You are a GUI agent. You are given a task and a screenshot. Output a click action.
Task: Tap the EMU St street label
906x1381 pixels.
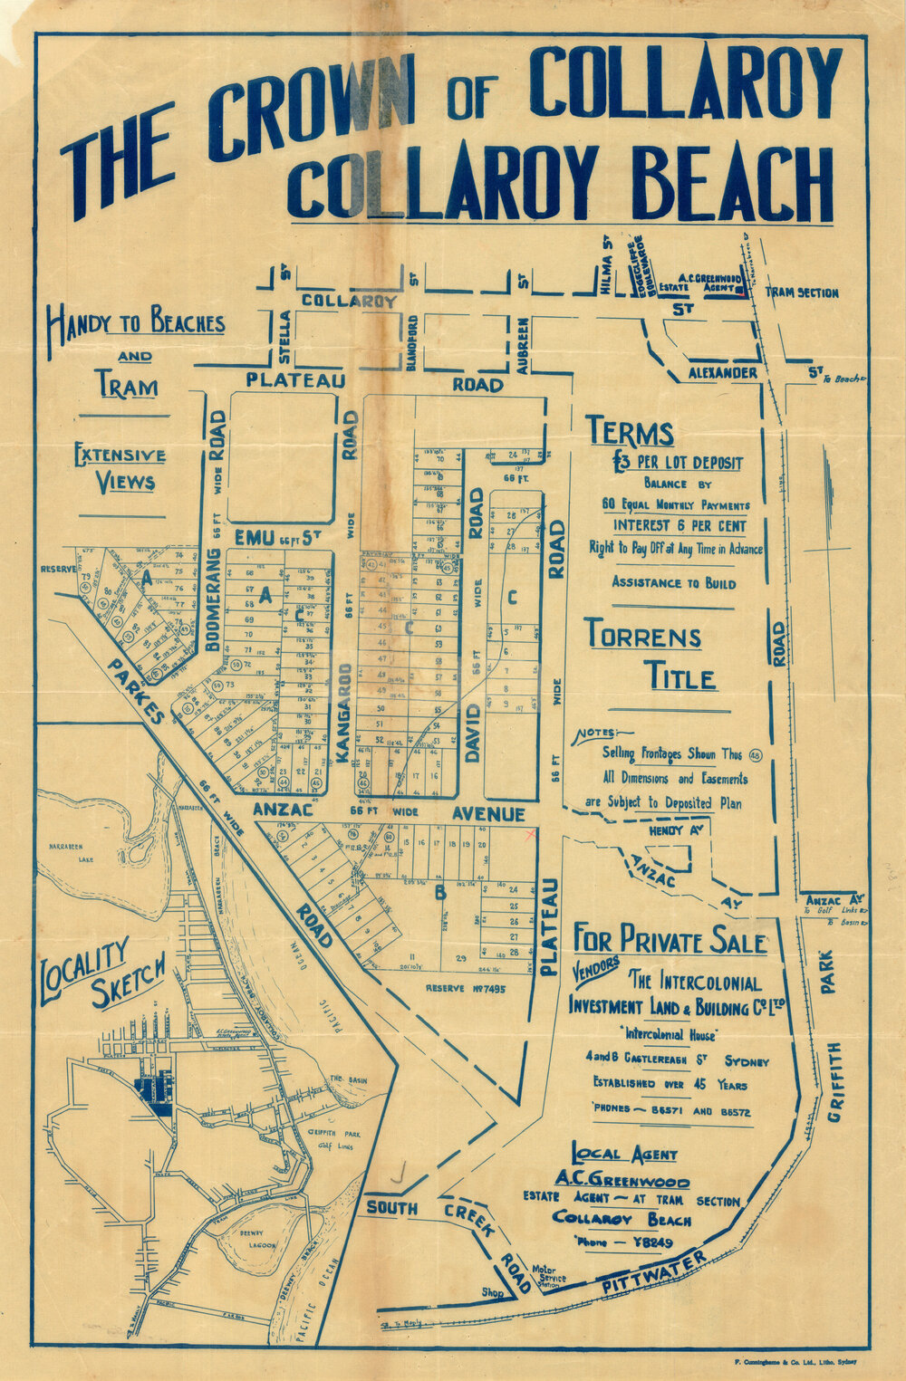click(x=266, y=538)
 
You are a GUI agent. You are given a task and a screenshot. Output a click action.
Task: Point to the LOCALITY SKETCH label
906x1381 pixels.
click(x=100, y=973)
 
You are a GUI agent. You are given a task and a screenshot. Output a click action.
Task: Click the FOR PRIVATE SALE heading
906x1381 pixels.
click(x=670, y=940)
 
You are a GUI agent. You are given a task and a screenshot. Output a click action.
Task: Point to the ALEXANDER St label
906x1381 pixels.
click(x=722, y=373)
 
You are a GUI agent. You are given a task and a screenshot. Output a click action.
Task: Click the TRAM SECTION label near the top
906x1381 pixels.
click(x=802, y=293)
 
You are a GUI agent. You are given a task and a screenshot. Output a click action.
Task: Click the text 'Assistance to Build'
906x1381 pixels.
click(x=673, y=582)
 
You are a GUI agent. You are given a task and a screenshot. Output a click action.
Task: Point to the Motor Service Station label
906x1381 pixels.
click(x=549, y=1279)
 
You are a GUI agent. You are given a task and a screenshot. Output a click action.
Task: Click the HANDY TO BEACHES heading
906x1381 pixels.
click(x=136, y=322)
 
